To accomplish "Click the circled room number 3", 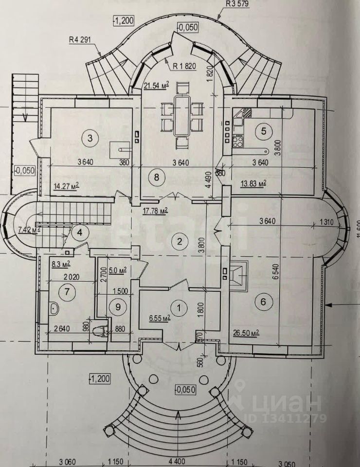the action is pos(90,138).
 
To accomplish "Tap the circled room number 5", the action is pos(264,130).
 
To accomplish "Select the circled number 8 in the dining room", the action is pos(156,177).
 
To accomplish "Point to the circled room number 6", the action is pos(263,302).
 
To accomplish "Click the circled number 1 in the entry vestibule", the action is pos(180,307).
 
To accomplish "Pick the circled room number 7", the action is pos(65,292).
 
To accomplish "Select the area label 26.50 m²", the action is pos(245,333).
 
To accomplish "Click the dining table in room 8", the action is pos(181,115).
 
